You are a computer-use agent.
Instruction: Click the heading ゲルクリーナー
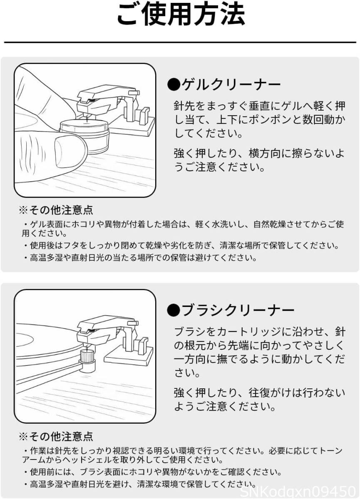(231, 84)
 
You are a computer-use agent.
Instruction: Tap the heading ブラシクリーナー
(238, 310)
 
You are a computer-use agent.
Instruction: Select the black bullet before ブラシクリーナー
(174, 310)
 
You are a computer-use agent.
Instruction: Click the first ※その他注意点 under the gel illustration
(56, 210)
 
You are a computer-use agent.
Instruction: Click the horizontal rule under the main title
(180, 42)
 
